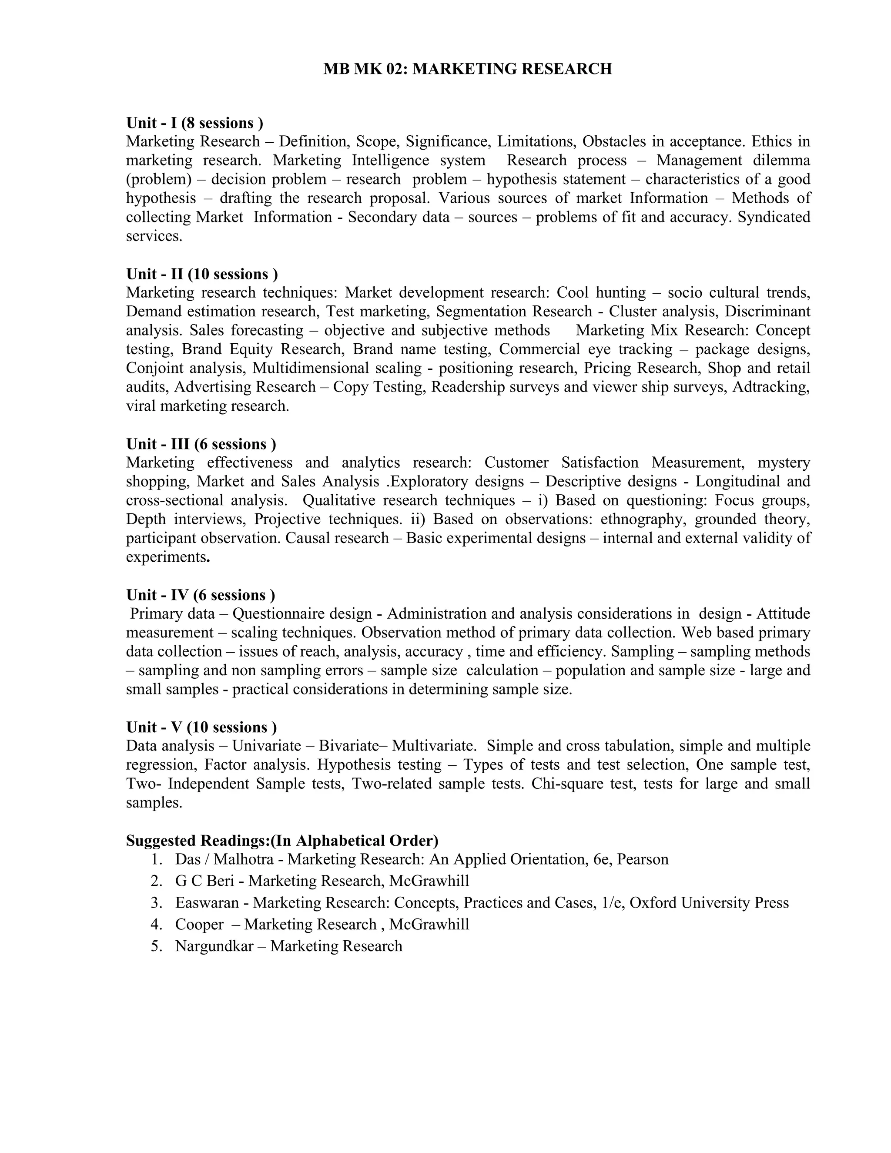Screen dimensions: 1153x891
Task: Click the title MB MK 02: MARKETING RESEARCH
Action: (x=467, y=69)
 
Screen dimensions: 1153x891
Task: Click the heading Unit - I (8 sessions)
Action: (x=194, y=123)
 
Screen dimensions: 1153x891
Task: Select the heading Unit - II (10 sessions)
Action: (x=201, y=274)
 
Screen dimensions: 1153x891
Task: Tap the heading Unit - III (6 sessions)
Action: (x=201, y=444)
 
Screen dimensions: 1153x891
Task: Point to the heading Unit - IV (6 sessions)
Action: (x=200, y=595)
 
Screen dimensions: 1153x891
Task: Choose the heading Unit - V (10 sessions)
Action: (x=201, y=727)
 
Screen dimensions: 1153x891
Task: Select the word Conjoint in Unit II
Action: (x=155, y=368)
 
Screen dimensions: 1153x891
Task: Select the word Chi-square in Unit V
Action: (x=568, y=784)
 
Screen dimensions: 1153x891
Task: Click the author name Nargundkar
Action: (x=214, y=945)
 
